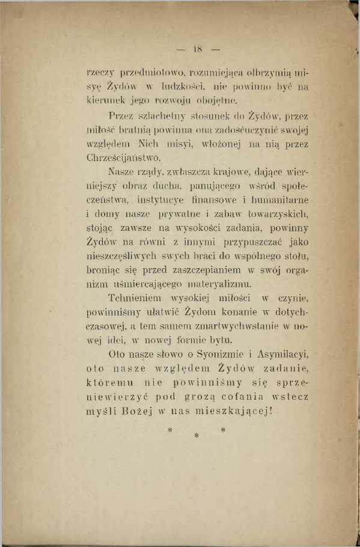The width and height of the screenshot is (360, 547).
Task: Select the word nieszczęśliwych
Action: (126, 253)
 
